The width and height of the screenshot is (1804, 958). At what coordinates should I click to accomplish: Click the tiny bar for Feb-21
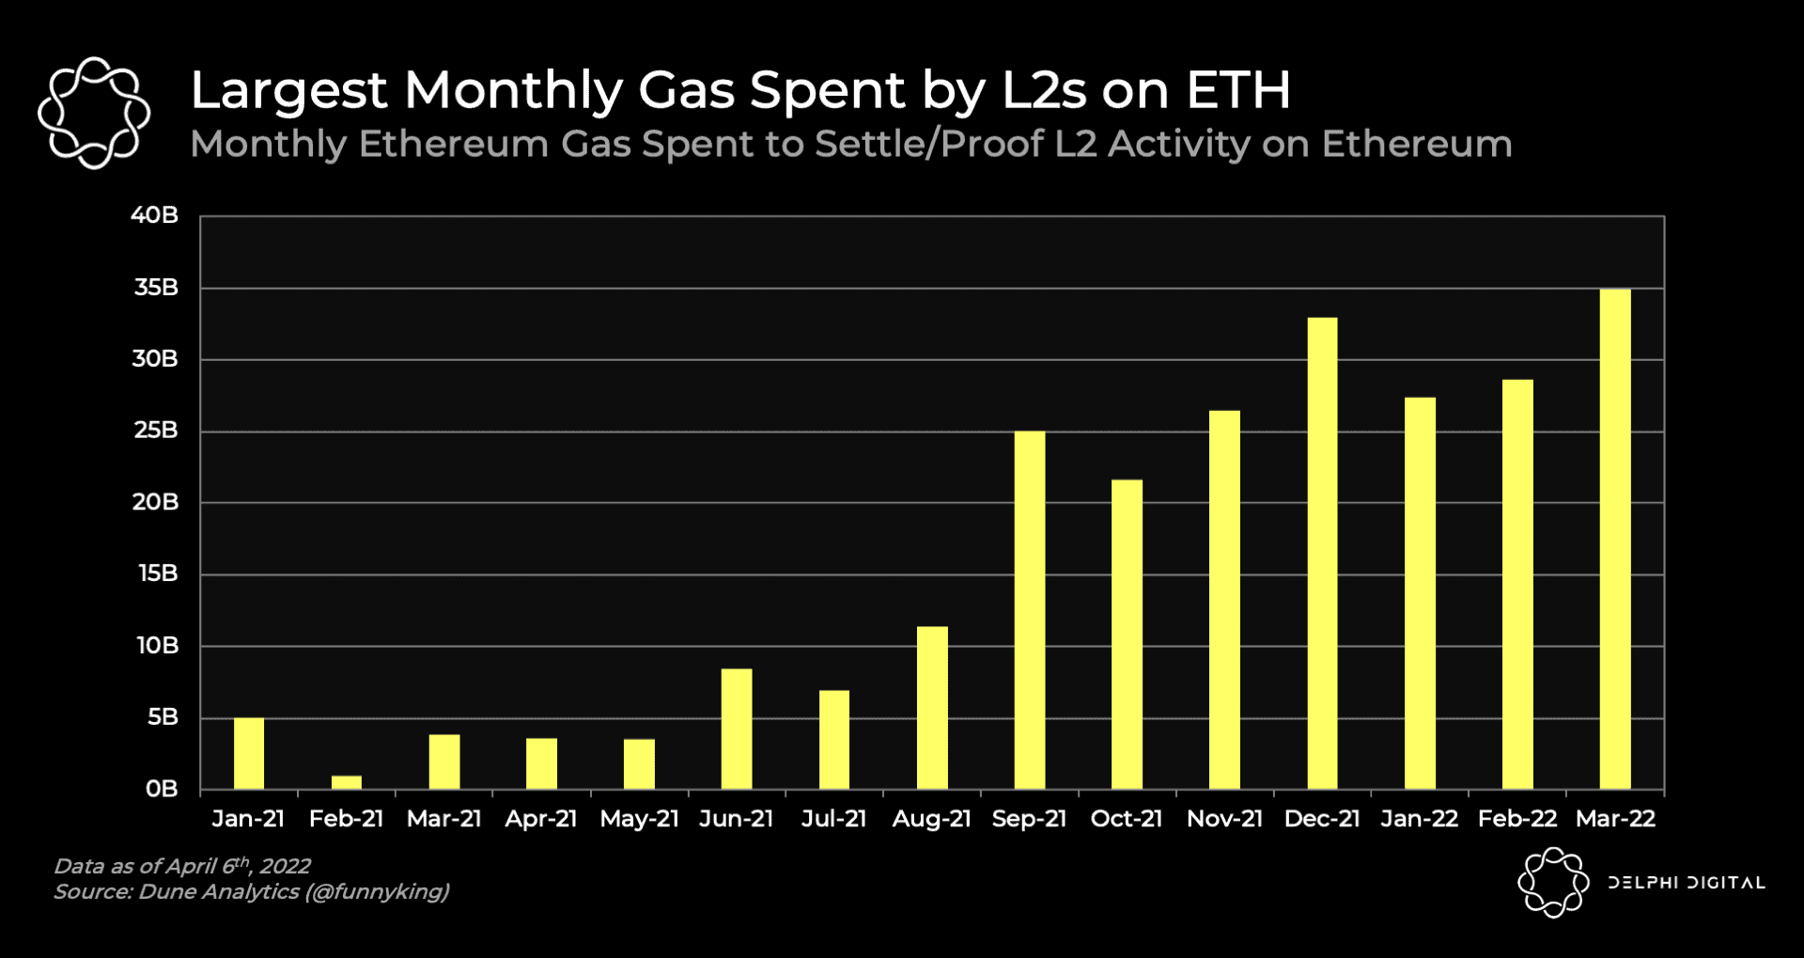[346, 782]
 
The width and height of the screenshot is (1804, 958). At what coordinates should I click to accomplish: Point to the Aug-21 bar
[931, 707]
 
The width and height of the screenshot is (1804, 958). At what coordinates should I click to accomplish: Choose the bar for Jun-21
[736, 729]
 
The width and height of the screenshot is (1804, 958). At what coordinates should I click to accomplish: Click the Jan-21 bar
[248, 753]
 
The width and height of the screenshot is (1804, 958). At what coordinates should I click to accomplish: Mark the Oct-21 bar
[1127, 634]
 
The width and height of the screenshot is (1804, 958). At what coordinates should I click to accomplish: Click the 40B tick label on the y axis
[154, 215]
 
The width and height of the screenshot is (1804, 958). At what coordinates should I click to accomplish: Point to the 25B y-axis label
[155, 431]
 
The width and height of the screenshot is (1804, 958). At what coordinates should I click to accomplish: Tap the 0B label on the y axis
[161, 789]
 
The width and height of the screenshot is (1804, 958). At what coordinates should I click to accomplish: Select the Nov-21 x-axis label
[1224, 819]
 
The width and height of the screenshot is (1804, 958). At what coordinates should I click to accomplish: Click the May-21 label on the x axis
[639, 819]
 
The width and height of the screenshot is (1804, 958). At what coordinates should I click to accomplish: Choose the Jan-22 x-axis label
[1419, 819]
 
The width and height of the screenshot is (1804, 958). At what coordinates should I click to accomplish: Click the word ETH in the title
[1238, 90]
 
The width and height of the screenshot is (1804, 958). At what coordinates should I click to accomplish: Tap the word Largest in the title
[288, 92]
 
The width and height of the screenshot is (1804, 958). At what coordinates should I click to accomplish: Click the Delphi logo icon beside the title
[94, 113]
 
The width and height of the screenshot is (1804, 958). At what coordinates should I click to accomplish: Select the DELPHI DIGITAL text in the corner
[1686, 883]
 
